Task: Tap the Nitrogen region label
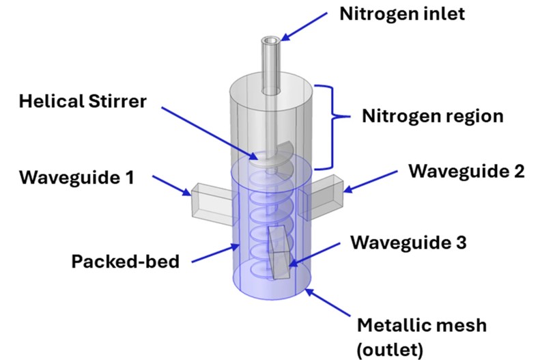(432, 115)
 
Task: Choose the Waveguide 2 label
(466, 171)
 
